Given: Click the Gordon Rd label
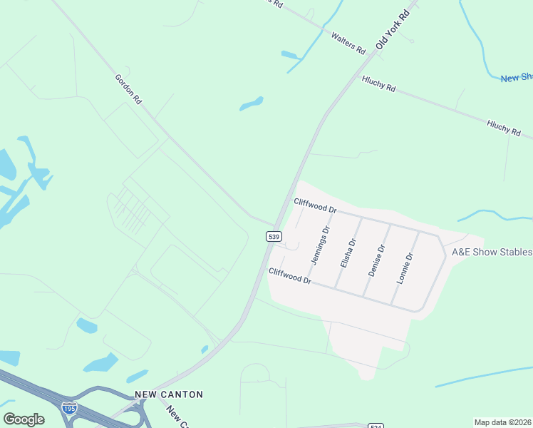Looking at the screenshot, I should (128, 89).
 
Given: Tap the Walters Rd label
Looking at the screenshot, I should (348, 42).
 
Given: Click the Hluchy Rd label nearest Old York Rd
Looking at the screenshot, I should (378, 84).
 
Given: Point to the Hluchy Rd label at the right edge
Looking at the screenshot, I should (504, 128).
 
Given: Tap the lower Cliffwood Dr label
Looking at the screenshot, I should (290, 276).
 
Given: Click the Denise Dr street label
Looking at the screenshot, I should (377, 260).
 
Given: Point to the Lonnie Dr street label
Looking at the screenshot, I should (405, 268).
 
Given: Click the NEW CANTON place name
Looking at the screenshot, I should (169, 394).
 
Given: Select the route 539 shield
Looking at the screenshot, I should (273, 235).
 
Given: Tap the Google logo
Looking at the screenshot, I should (24, 419).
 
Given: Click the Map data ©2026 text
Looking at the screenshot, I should (502, 422).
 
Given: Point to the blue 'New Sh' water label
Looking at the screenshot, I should (517, 78).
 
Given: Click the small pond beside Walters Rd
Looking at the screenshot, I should (289, 54).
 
